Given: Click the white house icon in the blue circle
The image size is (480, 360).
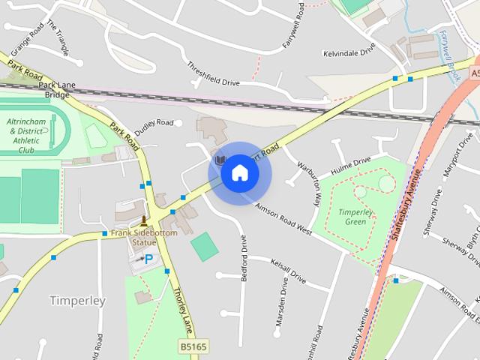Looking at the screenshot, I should pyautogui.click(x=239, y=173).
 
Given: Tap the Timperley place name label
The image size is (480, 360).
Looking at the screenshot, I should pyautogui.click(x=78, y=301).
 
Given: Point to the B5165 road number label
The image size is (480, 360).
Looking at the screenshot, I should pyautogui.click(x=193, y=346).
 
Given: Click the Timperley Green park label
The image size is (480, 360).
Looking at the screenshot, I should pyautogui.click(x=350, y=217).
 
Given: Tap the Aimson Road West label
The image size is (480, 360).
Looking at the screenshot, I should pyautogui.click(x=283, y=218).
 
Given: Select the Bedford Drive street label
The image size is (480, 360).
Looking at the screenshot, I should pyautogui.click(x=244, y=259).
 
